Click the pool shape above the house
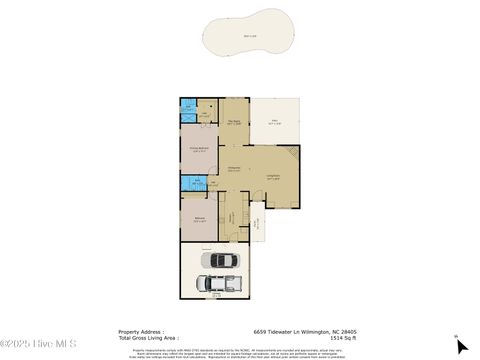(x=239, y=40)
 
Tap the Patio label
(x=275, y=122)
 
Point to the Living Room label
(x=272, y=177)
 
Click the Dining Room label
(x=234, y=168)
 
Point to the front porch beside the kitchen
(x=262, y=225)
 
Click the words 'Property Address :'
(x=140, y=332)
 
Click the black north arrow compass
(x=461, y=347)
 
